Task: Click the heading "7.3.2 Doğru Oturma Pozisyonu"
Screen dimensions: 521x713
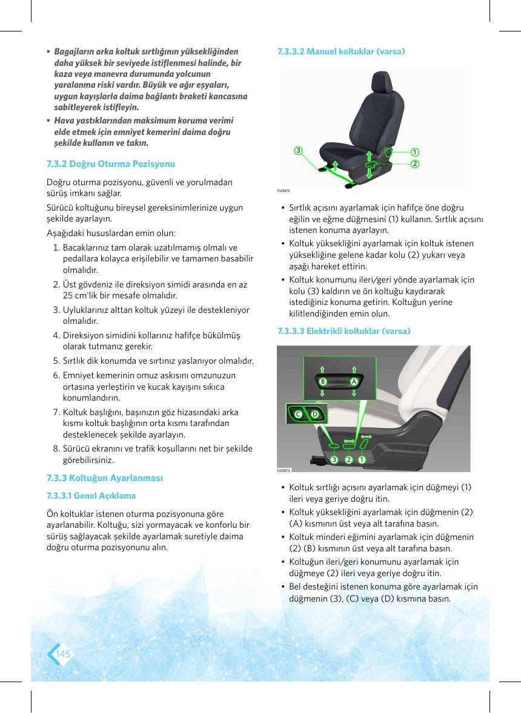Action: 111,163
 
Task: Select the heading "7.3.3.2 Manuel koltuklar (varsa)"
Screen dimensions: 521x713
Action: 341,51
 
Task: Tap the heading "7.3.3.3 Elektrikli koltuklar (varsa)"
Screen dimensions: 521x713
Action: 343,331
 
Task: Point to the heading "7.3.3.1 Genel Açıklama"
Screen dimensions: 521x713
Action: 91,496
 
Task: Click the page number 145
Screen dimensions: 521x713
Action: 63,654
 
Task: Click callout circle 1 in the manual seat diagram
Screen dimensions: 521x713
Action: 415,153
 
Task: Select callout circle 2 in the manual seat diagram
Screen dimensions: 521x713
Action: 415,163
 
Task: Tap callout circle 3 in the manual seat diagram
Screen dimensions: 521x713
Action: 298,151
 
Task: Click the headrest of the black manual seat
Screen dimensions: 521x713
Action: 382,82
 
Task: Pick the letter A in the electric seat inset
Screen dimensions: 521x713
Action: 354,381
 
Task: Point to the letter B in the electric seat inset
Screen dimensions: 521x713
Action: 323,381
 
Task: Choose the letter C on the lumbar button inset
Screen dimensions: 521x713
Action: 299,414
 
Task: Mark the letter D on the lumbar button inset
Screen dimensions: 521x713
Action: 314,414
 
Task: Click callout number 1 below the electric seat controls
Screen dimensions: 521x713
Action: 362,460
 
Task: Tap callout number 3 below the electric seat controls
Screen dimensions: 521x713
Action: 334,460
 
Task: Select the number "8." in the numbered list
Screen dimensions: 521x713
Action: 56,449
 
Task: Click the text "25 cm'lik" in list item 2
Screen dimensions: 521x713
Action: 79,295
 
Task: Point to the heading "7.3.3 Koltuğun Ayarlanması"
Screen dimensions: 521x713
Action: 105,478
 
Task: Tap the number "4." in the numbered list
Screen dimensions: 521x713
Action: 56,335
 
